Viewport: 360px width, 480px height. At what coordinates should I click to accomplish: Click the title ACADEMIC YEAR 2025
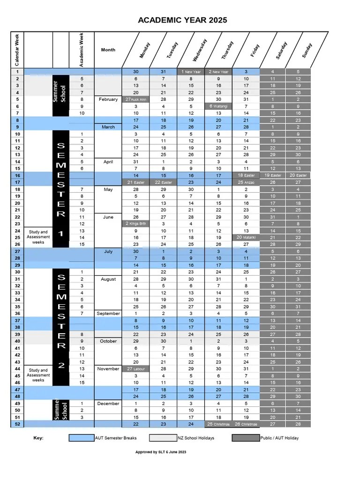tap(182, 20)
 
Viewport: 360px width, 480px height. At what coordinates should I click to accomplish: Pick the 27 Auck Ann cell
tap(135, 99)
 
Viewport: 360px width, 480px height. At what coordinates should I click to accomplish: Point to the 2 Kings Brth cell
tap(135, 224)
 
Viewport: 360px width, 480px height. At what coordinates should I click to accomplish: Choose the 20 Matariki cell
tap(246, 238)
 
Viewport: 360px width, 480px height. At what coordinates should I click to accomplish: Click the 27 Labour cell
tap(135, 369)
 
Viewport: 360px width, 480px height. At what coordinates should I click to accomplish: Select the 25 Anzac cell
tap(246, 182)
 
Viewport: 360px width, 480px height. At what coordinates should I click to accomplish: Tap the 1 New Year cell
tap(191, 72)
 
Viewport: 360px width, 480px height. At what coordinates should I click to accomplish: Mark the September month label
tap(108, 314)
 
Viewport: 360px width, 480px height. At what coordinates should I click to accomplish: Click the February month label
tap(108, 99)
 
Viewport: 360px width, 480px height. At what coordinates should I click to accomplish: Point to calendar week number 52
tap(17, 424)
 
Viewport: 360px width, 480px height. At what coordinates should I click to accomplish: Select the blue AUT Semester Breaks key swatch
tap(81, 438)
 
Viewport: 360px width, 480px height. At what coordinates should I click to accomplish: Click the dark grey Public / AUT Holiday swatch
tap(246, 438)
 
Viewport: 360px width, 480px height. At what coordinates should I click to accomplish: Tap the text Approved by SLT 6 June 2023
tap(161, 452)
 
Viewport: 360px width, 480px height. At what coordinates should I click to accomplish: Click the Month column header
tap(108, 50)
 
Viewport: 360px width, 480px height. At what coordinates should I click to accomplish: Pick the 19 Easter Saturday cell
tap(273, 175)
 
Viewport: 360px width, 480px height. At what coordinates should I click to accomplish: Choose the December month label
tap(108, 404)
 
